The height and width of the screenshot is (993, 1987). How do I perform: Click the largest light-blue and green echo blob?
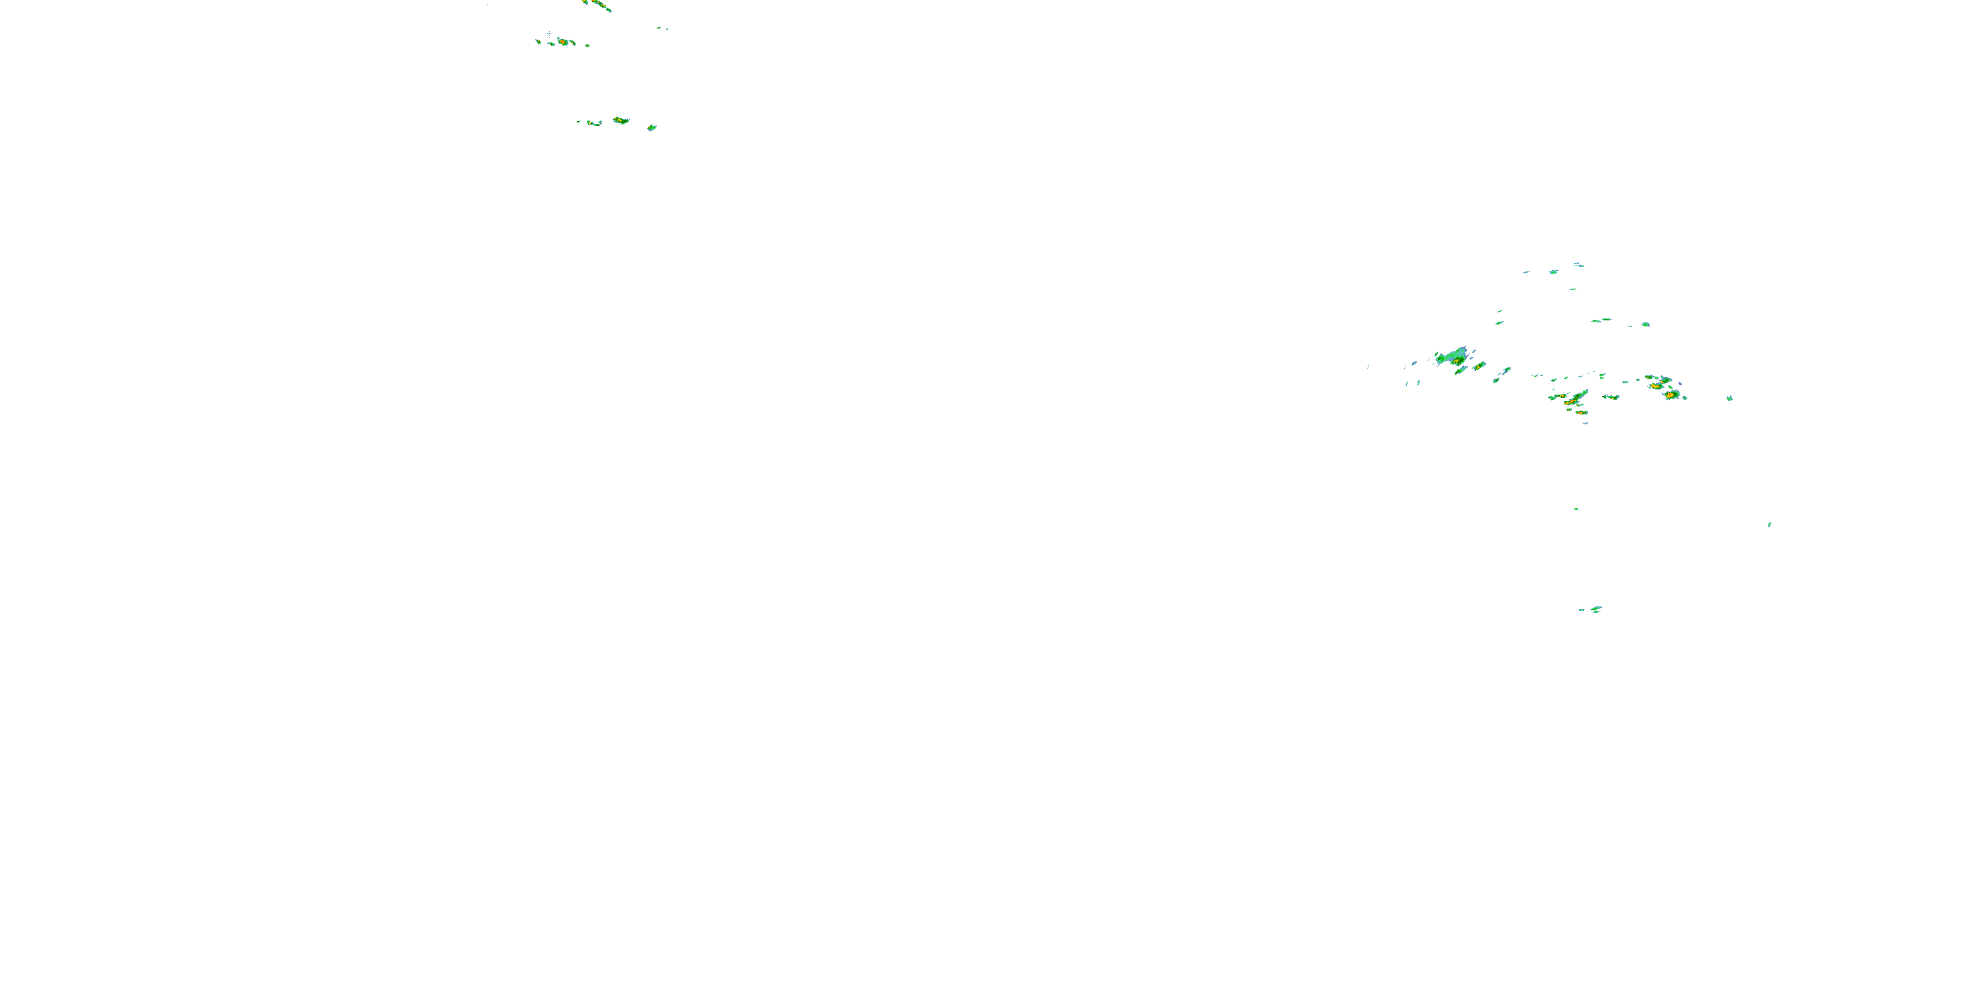(1454, 357)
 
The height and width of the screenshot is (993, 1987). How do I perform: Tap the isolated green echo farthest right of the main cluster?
(1729, 399)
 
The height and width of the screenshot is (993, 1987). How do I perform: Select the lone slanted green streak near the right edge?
(1768, 524)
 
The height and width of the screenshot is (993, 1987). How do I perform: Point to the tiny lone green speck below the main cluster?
(1576, 509)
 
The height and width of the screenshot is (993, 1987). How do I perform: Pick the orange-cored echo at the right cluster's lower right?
(1670, 395)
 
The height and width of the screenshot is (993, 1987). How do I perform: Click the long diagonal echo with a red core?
(1571, 399)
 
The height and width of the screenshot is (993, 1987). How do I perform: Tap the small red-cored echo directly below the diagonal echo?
(1580, 412)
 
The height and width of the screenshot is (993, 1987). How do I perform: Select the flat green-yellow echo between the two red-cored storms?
(1611, 397)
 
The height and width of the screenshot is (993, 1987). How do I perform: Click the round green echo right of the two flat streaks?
(1646, 324)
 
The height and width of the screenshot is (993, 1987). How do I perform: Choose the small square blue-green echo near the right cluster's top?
(1553, 272)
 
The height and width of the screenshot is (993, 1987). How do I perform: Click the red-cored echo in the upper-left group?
(564, 42)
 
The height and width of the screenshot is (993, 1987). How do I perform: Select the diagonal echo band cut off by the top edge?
(599, 6)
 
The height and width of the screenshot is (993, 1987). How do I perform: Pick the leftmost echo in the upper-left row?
(538, 41)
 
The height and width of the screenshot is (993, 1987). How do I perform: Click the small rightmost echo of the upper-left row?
(587, 46)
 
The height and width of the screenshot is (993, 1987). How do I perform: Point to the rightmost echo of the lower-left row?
(652, 127)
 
